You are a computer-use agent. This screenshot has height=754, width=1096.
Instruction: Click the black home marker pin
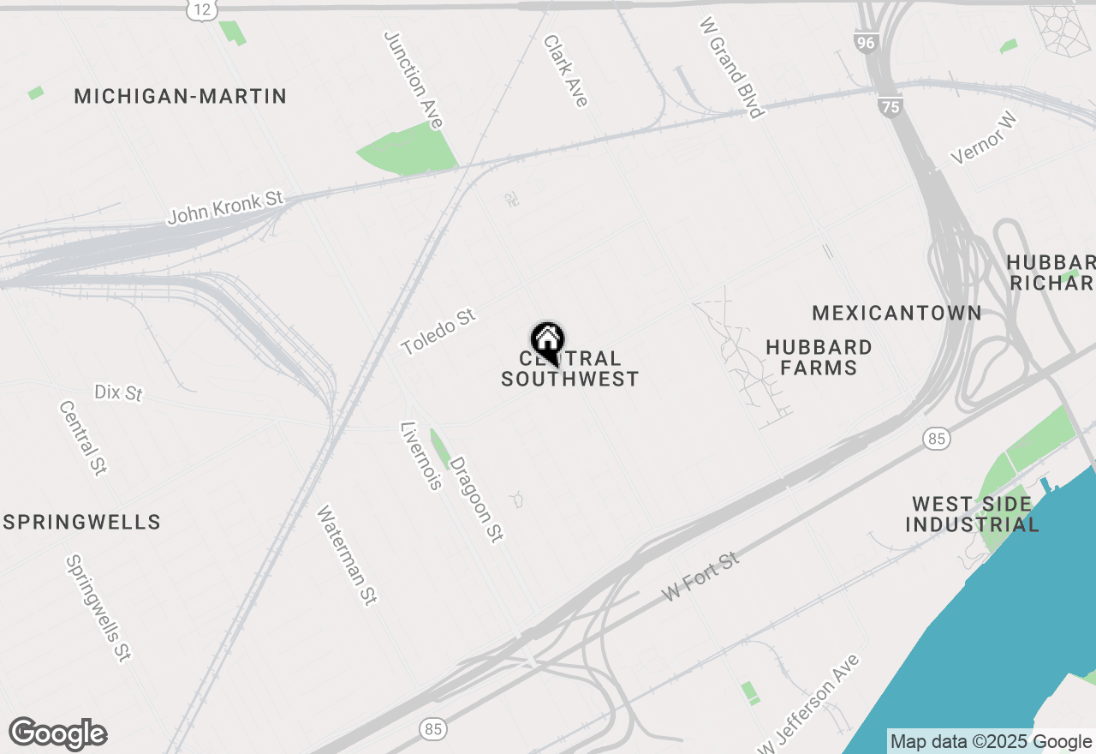click(547, 340)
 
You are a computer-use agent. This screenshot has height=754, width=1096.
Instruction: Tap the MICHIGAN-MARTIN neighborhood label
click(180, 96)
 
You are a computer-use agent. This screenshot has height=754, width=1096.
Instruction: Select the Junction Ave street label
click(413, 81)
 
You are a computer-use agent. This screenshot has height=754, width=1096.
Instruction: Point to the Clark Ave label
click(566, 71)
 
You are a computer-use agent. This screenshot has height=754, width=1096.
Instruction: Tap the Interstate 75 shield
click(890, 106)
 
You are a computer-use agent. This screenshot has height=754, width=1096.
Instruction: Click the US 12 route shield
click(200, 10)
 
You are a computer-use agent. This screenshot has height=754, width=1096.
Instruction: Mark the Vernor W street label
click(982, 140)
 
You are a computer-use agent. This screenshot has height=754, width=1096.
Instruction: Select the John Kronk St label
click(225, 207)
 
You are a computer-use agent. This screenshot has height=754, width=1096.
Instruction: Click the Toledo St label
click(438, 332)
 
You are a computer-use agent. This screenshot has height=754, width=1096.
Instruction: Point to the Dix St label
click(118, 392)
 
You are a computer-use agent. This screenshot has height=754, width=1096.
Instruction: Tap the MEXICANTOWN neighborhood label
click(896, 313)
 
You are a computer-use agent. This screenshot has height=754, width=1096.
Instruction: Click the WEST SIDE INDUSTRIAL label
click(972, 514)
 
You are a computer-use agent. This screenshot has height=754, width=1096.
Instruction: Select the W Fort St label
click(700, 577)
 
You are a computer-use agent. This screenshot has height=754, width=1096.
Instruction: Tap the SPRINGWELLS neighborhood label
click(82, 522)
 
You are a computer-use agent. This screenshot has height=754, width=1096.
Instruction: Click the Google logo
click(57, 734)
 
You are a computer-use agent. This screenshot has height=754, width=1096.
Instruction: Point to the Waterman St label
click(347, 555)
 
